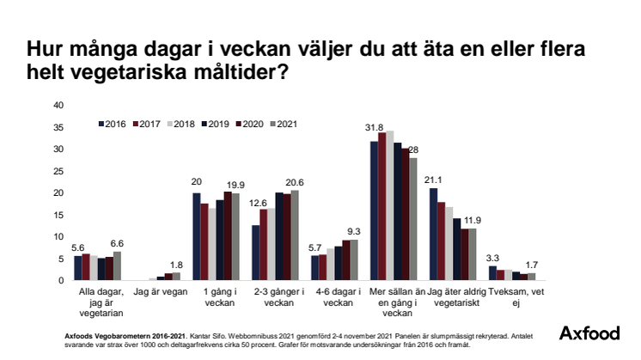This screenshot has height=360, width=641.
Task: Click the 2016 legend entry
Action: coord(113,124)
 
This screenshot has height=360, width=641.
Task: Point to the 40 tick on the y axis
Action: coord(58,106)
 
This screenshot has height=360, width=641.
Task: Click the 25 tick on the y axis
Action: coord(58,171)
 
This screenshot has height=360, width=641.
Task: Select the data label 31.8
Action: coord(374,129)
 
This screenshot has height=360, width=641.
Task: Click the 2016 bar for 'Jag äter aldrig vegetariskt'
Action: coord(433,234)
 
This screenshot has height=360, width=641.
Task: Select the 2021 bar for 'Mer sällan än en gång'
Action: coord(412,218)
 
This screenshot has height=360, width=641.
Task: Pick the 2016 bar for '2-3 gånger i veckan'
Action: coord(255,253)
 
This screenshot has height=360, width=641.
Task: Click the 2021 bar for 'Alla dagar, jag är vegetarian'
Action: coord(117,265)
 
